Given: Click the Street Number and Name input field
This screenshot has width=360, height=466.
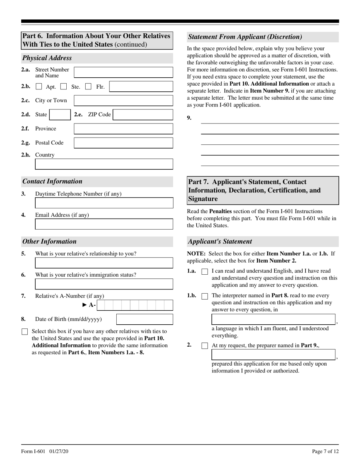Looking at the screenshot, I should pos(123,72).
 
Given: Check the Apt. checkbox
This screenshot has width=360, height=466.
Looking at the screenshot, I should pos(39,87).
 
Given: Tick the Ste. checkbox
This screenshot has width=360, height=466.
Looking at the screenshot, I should pos(64,87).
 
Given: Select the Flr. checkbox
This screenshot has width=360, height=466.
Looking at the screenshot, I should pos(88,87).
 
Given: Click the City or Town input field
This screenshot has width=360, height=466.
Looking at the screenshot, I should pos(123,100).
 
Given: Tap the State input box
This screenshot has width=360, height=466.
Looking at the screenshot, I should pos(60,114).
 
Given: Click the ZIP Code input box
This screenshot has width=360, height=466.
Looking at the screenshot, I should pos(143,114).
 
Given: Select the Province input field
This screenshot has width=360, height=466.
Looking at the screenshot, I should pos(123,129).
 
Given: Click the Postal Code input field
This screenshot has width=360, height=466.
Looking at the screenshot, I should pos(123,143).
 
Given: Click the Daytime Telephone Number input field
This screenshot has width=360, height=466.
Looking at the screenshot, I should pos(104,203).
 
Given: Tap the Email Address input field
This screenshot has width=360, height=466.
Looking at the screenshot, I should pos(104,224).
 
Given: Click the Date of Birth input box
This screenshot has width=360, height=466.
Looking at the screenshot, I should pos(144,319).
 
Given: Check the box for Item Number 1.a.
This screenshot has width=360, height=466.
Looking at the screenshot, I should pos(205,272).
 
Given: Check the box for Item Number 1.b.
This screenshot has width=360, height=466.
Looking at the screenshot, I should pos(205,296).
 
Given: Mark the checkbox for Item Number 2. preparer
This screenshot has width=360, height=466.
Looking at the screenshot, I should pos(205,346).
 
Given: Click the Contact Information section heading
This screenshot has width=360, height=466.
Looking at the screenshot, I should pos(52,181).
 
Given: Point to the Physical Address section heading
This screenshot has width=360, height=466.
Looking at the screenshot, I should pos(47,58).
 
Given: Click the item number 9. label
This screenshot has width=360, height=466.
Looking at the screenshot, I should pos(189,118).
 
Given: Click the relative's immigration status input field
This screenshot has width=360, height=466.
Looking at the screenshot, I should pos(104,284).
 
